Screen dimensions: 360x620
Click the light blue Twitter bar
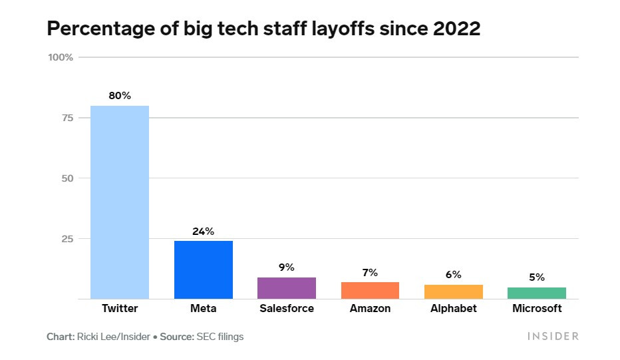pos(120,202)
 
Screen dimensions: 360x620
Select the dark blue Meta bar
pos(204,270)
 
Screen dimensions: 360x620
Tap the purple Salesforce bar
pos(287,288)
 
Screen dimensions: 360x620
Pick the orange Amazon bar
pos(370,291)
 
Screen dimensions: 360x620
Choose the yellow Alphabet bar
pos(454,292)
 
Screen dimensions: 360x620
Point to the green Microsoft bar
pos(537,293)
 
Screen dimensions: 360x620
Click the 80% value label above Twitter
pos(120,96)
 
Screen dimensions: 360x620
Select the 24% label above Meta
pos(204,232)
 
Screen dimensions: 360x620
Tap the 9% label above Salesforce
pos(287,268)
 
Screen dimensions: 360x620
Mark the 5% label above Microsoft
pos(537,277)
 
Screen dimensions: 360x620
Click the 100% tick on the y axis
pos(60,57)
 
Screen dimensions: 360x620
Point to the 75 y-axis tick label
pos(65,118)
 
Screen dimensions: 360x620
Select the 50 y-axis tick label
pos(65,178)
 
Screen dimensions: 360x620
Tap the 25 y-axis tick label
pos(65,238)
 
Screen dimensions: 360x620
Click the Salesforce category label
pos(287,309)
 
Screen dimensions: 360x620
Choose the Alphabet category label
pos(454,309)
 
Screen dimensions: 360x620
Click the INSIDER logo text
pos(553,337)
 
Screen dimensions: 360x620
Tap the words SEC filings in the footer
pos(220,337)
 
